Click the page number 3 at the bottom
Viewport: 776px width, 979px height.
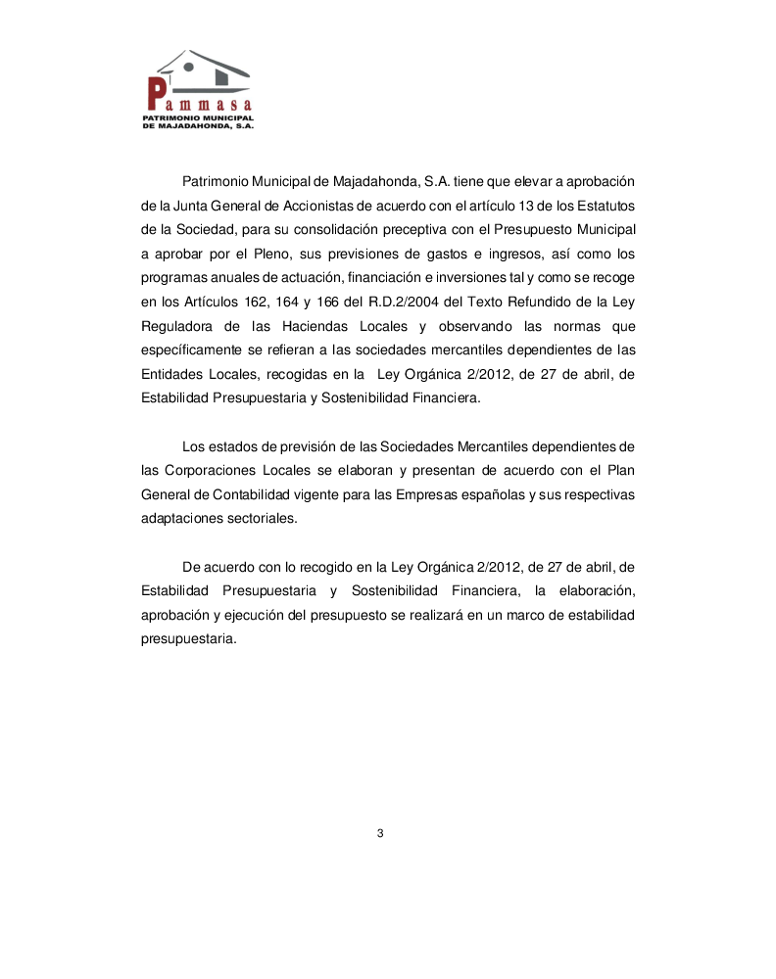coord(380,833)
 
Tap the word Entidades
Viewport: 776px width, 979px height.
coord(172,373)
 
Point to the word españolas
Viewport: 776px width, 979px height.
coord(488,495)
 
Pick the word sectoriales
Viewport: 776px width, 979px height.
coord(254,520)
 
